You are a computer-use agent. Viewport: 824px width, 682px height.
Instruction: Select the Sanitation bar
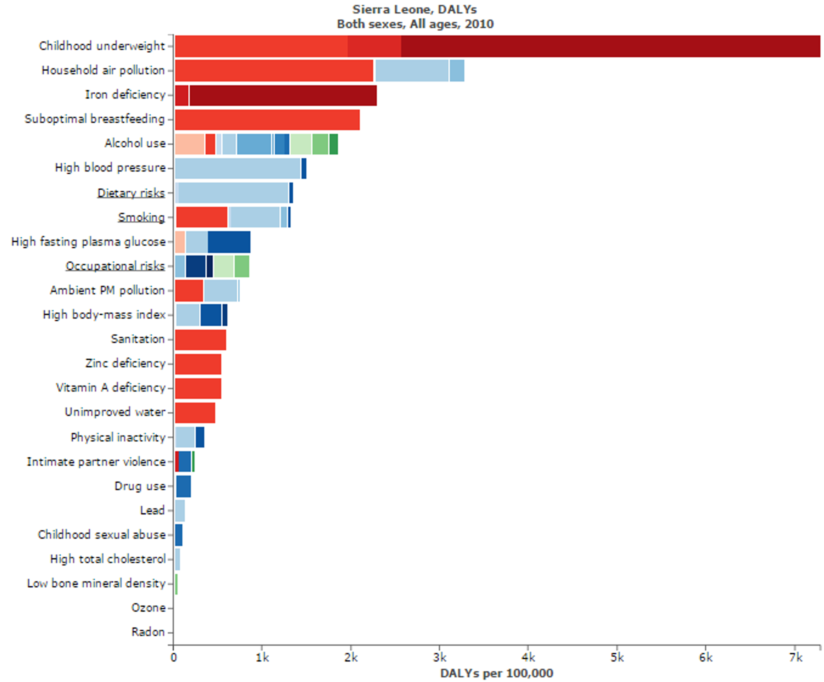200,340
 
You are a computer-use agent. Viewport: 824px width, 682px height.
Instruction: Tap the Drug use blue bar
183,486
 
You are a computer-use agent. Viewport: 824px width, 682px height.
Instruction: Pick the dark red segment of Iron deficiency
283,95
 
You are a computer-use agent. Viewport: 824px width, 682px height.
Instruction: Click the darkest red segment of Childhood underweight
610,46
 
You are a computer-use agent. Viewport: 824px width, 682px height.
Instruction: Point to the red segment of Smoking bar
202,217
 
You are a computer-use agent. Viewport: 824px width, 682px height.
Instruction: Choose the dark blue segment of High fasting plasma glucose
229,242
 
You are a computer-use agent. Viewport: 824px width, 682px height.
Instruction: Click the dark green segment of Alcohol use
333,144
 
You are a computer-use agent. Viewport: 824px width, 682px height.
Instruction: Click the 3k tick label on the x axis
440,658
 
